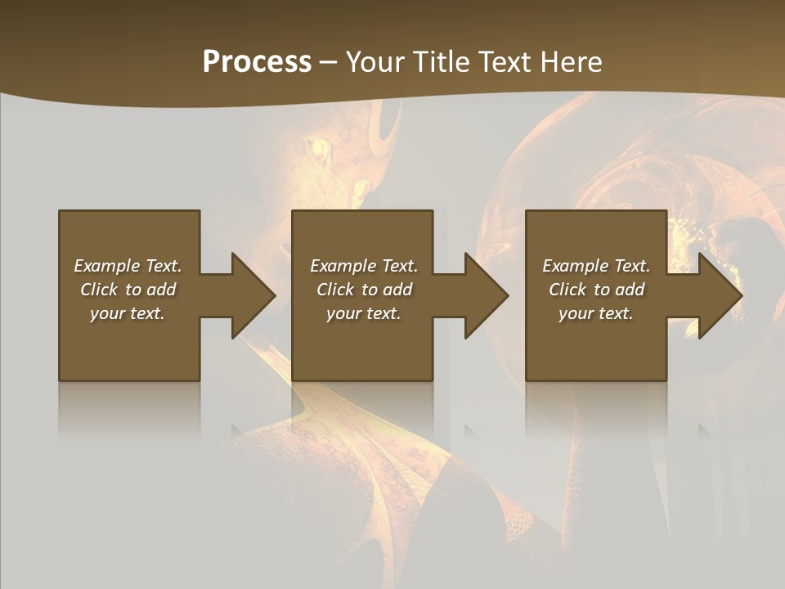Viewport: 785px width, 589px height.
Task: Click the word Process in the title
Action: pos(257,62)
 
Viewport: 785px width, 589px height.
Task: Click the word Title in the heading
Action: pos(440,62)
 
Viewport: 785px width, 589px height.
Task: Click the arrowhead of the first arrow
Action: pos(253,295)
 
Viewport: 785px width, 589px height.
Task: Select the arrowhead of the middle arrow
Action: pos(487,295)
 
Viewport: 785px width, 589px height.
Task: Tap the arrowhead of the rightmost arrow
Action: pos(720,295)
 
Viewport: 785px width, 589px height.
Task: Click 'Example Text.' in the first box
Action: pos(128,266)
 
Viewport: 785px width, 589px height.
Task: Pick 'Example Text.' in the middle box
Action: pos(364,266)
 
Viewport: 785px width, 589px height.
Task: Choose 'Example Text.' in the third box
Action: pos(596,266)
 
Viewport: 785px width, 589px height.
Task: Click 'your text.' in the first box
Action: pos(128,313)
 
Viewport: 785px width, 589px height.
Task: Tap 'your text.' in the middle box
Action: pos(364,313)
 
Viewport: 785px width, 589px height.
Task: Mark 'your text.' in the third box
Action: pos(596,313)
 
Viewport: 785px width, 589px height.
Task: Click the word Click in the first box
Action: pos(99,290)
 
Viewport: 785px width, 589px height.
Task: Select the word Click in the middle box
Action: pos(335,290)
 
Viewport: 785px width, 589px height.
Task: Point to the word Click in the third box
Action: pos(567,290)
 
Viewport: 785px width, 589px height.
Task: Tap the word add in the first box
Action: pos(161,290)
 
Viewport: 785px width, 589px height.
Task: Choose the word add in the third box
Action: pos(630,290)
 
